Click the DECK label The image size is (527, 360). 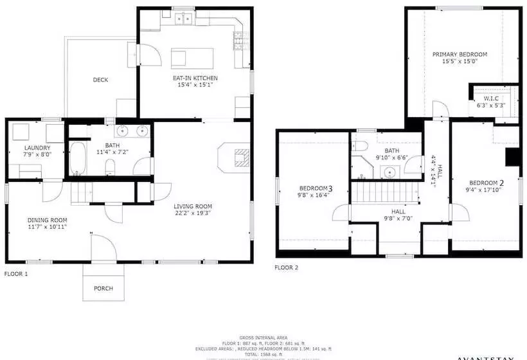[x=100, y=80]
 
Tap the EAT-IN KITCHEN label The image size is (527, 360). [x=190, y=78]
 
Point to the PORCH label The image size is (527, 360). [x=103, y=289]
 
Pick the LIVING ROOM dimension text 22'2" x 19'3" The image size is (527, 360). [x=193, y=213]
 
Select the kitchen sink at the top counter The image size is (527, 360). [x=184, y=19]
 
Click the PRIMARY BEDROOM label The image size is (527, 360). [x=459, y=55]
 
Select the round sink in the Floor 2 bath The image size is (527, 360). [x=388, y=171]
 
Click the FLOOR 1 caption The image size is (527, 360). [x=16, y=273]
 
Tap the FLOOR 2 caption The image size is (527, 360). [x=287, y=267]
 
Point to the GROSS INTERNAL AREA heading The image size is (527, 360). [x=263, y=337]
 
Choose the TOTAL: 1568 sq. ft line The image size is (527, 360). [x=263, y=353]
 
